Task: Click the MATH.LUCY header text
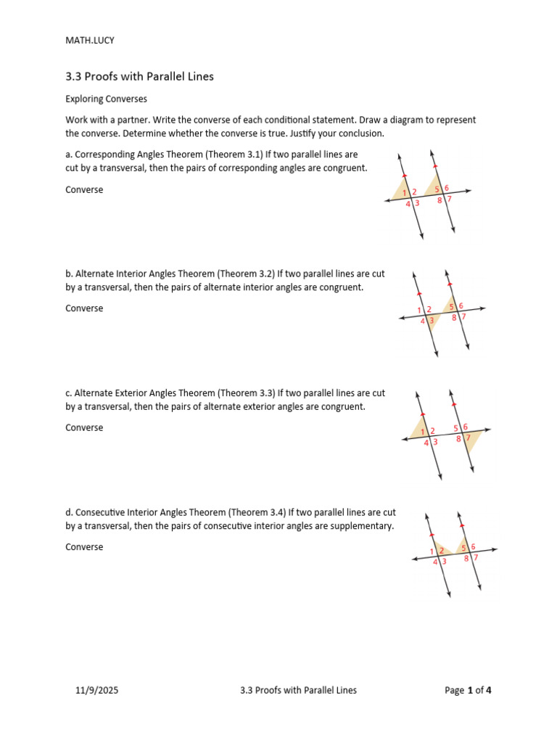tap(90, 41)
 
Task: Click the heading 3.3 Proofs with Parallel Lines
tap(139, 76)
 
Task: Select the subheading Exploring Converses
tap(106, 98)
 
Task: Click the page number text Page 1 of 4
tap(468, 690)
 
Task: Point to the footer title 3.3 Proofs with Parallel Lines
tap(298, 690)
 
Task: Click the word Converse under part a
tap(84, 189)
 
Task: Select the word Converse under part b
tap(84, 308)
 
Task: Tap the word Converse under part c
tap(84, 427)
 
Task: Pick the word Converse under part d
tap(84, 546)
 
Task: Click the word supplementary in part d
tap(364, 526)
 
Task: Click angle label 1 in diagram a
tap(405, 192)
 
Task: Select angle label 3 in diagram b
tap(431, 320)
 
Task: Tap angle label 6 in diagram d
tap(473, 546)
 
